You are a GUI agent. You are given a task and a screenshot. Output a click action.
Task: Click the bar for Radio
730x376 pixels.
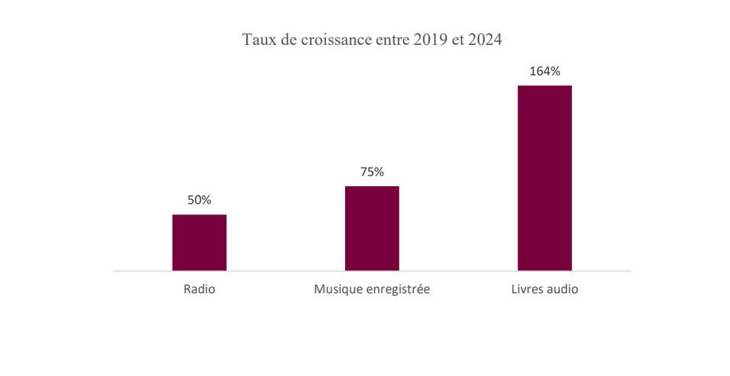199,243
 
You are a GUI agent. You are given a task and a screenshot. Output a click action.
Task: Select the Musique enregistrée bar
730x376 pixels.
372,228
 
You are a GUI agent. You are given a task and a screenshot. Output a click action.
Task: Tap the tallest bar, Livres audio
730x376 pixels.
544,178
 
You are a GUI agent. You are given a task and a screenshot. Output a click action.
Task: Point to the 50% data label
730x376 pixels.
199,200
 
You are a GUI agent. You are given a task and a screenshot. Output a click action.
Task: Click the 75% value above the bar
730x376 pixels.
372,172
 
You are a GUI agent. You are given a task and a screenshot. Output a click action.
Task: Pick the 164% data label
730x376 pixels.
544,72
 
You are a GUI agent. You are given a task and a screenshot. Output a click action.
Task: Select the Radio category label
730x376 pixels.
199,290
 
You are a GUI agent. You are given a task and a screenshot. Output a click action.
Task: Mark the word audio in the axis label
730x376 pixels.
563,290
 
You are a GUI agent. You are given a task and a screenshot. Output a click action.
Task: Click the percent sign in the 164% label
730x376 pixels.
555,72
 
